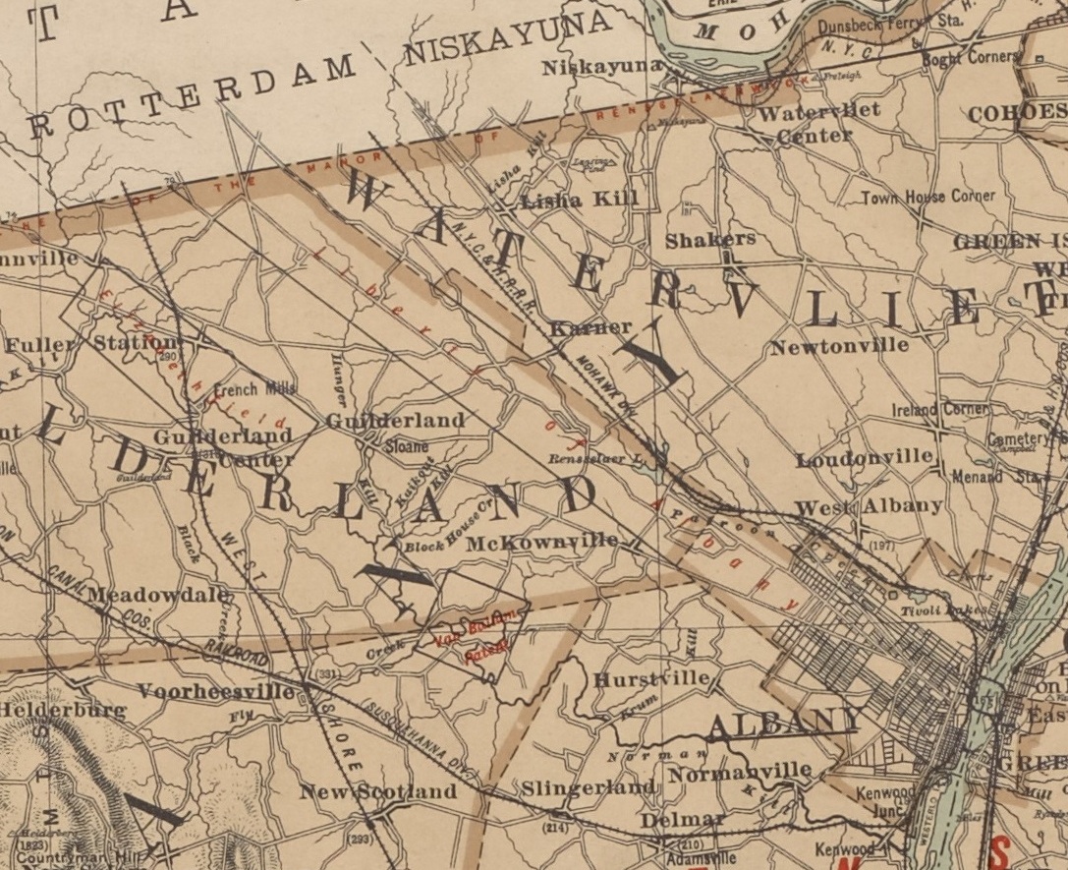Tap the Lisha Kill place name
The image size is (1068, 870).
click(580, 200)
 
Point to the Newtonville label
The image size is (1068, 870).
click(839, 346)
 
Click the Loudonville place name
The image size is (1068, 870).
click(864, 457)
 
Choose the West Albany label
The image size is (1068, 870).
click(869, 506)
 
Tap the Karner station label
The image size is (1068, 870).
click(590, 326)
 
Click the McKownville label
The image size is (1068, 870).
click(542, 542)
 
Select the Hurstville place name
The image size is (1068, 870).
click(651, 679)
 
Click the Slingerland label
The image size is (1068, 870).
click(588, 788)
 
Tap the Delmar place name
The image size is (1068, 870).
click(682, 819)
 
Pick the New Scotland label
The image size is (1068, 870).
click(378, 791)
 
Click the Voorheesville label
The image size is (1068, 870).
click(215, 691)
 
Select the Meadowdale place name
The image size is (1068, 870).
click(158, 595)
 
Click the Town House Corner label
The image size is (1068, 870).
click(927, 197)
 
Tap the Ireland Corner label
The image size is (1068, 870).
click(939, 409)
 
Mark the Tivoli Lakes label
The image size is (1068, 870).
click(939, 611)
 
